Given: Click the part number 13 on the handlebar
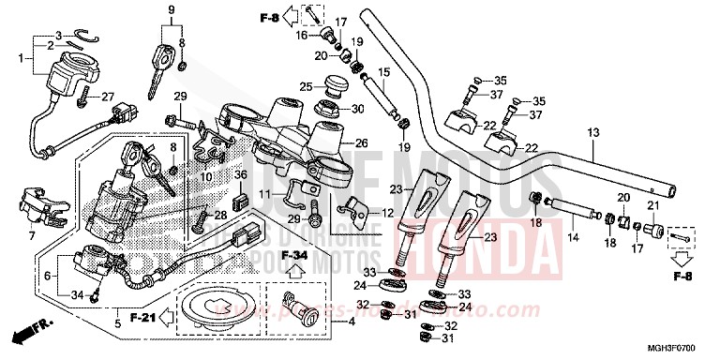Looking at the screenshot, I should (x=592, y=133).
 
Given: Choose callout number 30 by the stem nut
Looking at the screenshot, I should (x=357, y=109).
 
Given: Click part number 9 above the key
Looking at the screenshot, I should (x=171, y=10).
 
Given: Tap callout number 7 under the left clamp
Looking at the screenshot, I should (x=32, y=234).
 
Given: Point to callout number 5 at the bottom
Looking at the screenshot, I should (x=117, y=323).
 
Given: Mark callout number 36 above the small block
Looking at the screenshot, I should (x=240, y=174).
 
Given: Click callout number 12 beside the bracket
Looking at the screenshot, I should (x=387, y=214).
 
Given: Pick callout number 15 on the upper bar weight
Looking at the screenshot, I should (x=382, y=72).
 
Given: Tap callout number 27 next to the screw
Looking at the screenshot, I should (x=107, y=96).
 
